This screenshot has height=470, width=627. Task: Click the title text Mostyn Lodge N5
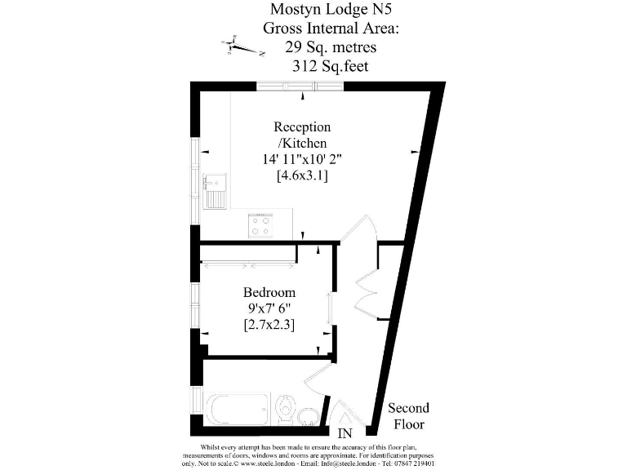pyautogui.click(x=313, y=10)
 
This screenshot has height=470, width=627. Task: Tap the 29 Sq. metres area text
pyautogui.click(x=313, y=47)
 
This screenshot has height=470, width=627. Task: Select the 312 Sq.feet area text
pyautogui.click(x=313, y=66)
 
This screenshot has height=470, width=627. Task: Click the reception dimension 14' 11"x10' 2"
pyautogui.click(x=302, y=159)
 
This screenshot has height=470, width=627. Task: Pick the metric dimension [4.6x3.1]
pyautogui.click(x=302, y=175)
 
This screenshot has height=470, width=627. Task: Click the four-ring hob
pyautogui.click(x=260, y=225)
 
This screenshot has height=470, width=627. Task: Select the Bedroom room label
pyautogui.click(x=269, y=292)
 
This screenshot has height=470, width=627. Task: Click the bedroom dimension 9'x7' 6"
pyautogui.click(x=269, y=308)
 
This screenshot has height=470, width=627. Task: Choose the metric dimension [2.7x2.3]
pyautogui.click(x=269, y=325)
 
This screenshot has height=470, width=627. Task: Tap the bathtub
pyautogui.click(x=238, y=409)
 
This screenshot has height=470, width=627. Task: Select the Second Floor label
pyautogui.click(x=408, y=416)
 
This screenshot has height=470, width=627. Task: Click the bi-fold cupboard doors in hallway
pyautogui.click(x=365, y=282)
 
